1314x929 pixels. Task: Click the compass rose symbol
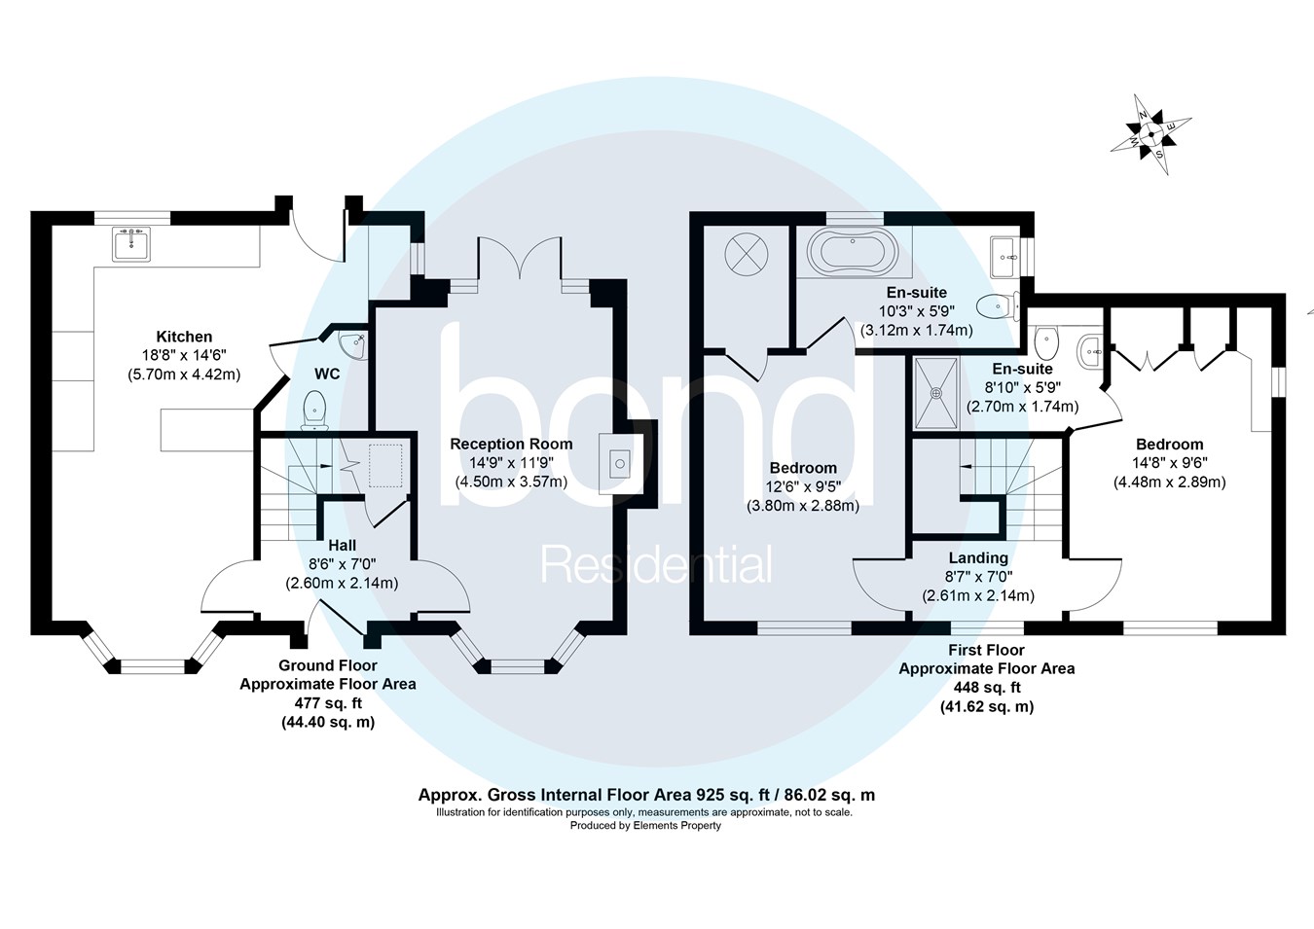pos(1150,134)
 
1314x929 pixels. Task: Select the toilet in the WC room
pos(314,409)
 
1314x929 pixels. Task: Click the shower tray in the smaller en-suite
pos(936,393)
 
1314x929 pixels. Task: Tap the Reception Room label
pos(511,444)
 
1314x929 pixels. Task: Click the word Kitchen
pos(184,337)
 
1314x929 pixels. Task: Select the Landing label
pos(978,557)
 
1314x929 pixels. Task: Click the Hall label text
pos(342,546)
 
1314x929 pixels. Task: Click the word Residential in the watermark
pos(657,565)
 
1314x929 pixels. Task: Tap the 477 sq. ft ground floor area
pos(328,703)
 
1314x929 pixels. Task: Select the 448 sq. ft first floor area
pos(987,688)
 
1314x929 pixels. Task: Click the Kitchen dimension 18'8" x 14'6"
pos(184,355)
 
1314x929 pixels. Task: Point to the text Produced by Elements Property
pos(645,826)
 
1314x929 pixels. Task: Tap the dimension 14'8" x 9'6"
pos(1169,463)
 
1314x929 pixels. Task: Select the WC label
pos(327,375)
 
